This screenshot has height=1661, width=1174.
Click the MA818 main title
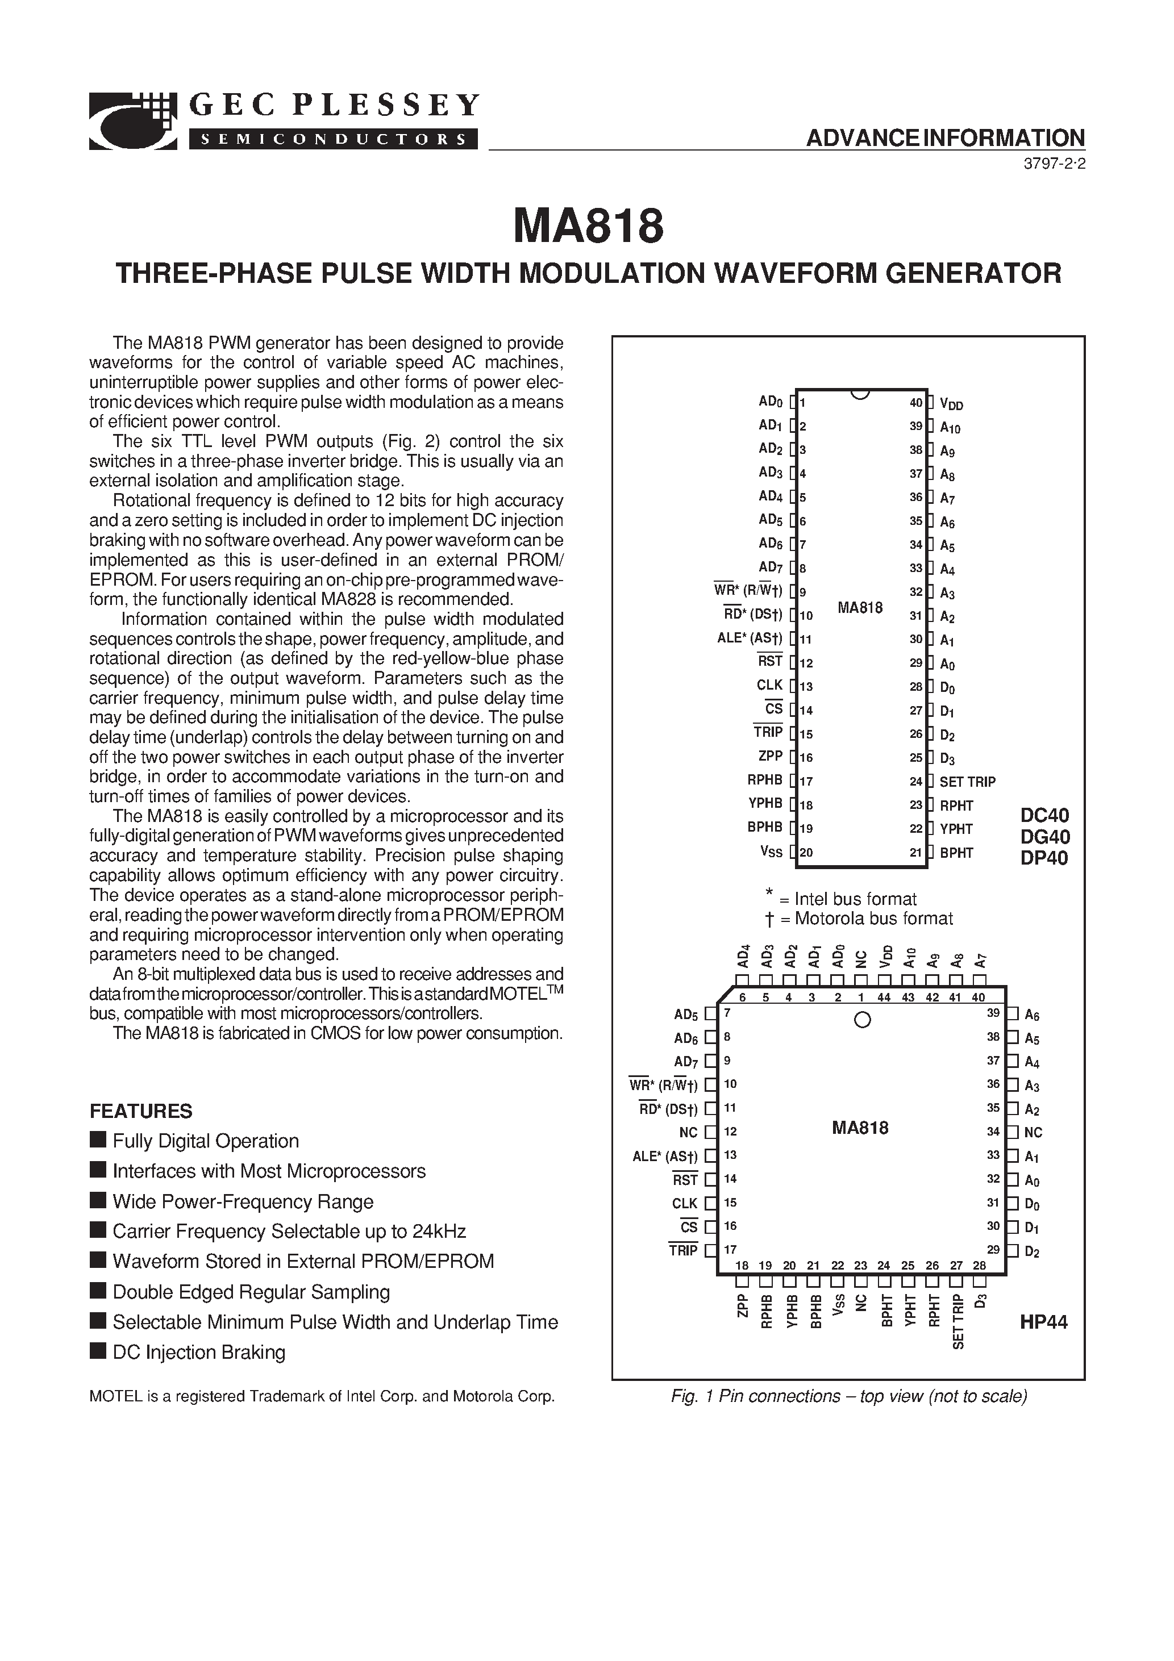[588, 227]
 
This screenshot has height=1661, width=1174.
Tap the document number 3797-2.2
[1054, 164]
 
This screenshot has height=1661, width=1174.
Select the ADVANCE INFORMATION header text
[945, 137]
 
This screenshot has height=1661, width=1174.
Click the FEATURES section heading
[140, 1111]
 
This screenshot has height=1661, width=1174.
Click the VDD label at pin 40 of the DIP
[951, 404]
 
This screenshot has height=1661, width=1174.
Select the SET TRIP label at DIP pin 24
[967, 781]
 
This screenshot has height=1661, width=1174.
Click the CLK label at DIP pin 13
[769, 685]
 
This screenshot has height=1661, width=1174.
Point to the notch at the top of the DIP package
[860, 394]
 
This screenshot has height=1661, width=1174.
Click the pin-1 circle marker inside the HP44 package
[862, 1020]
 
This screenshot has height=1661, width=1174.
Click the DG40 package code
[1044, 836]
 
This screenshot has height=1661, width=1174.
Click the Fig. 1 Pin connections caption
[849, 1396]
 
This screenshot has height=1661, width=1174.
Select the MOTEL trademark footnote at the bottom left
[322, 1396]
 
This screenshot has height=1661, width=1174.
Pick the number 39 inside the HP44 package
[993, 1013]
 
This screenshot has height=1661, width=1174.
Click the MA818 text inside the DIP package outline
[860, 608]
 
